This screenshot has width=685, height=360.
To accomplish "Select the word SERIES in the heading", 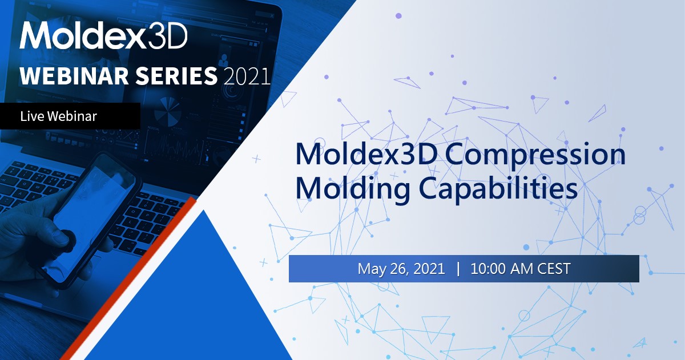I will point(183,76).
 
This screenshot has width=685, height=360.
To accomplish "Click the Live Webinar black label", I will point(70,116).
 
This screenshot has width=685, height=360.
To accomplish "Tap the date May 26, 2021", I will point(401,269).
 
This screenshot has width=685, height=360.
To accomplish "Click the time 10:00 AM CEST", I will point(520,269).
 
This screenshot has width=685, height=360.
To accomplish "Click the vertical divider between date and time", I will point(458,269).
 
